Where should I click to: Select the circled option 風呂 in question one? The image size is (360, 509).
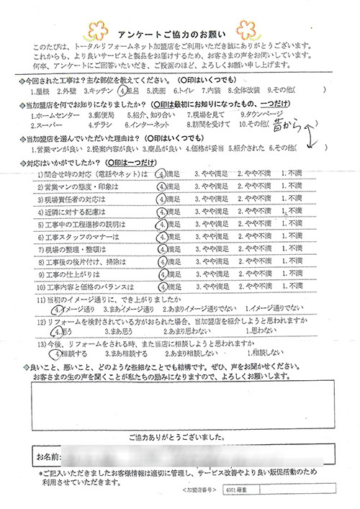coord(127,91)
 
